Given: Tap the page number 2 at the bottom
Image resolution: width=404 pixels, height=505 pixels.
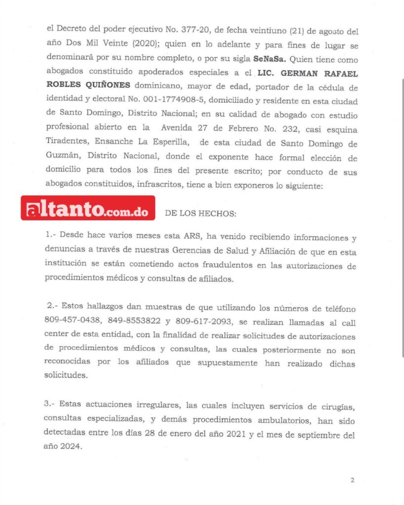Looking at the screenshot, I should click(x=352, y=480).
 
